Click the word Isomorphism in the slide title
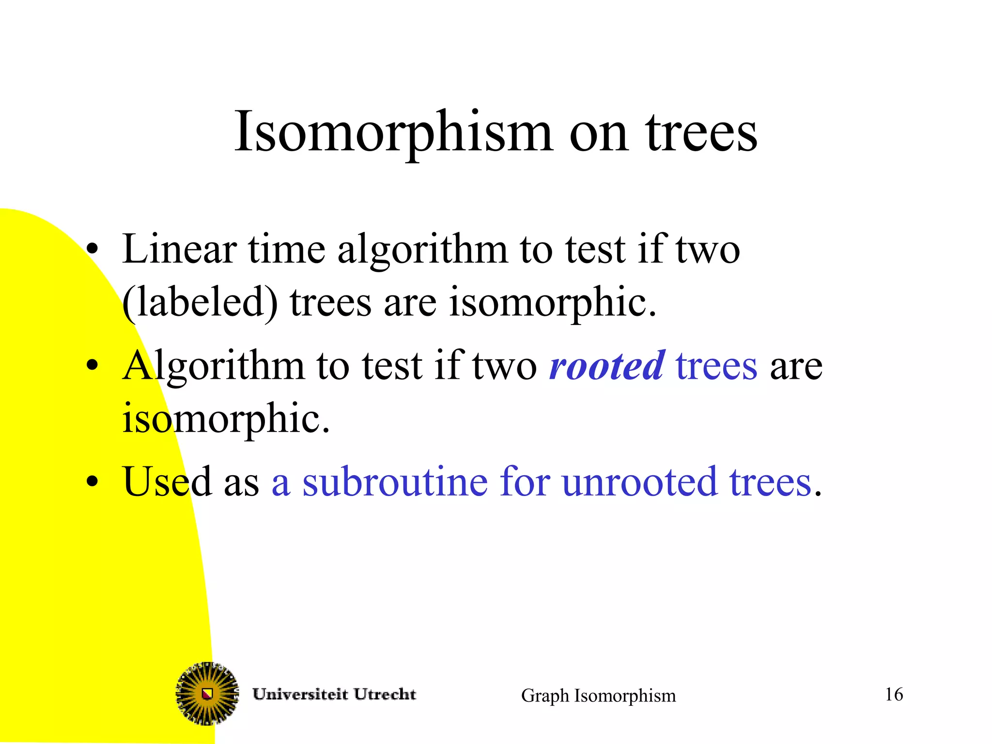pos(393,132)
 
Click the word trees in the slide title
pos(701,132)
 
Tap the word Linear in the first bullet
pos(179,249)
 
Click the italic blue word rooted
pos(607,366)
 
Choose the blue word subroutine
pos(395,481)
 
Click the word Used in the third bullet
pos(167,481)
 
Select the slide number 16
pos(894,694)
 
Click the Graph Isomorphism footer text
pos(598,696)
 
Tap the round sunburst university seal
pos(207,694)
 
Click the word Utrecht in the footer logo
pos(385,694)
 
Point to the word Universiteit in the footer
pos(300,694)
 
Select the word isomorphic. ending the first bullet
pos(552,303)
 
